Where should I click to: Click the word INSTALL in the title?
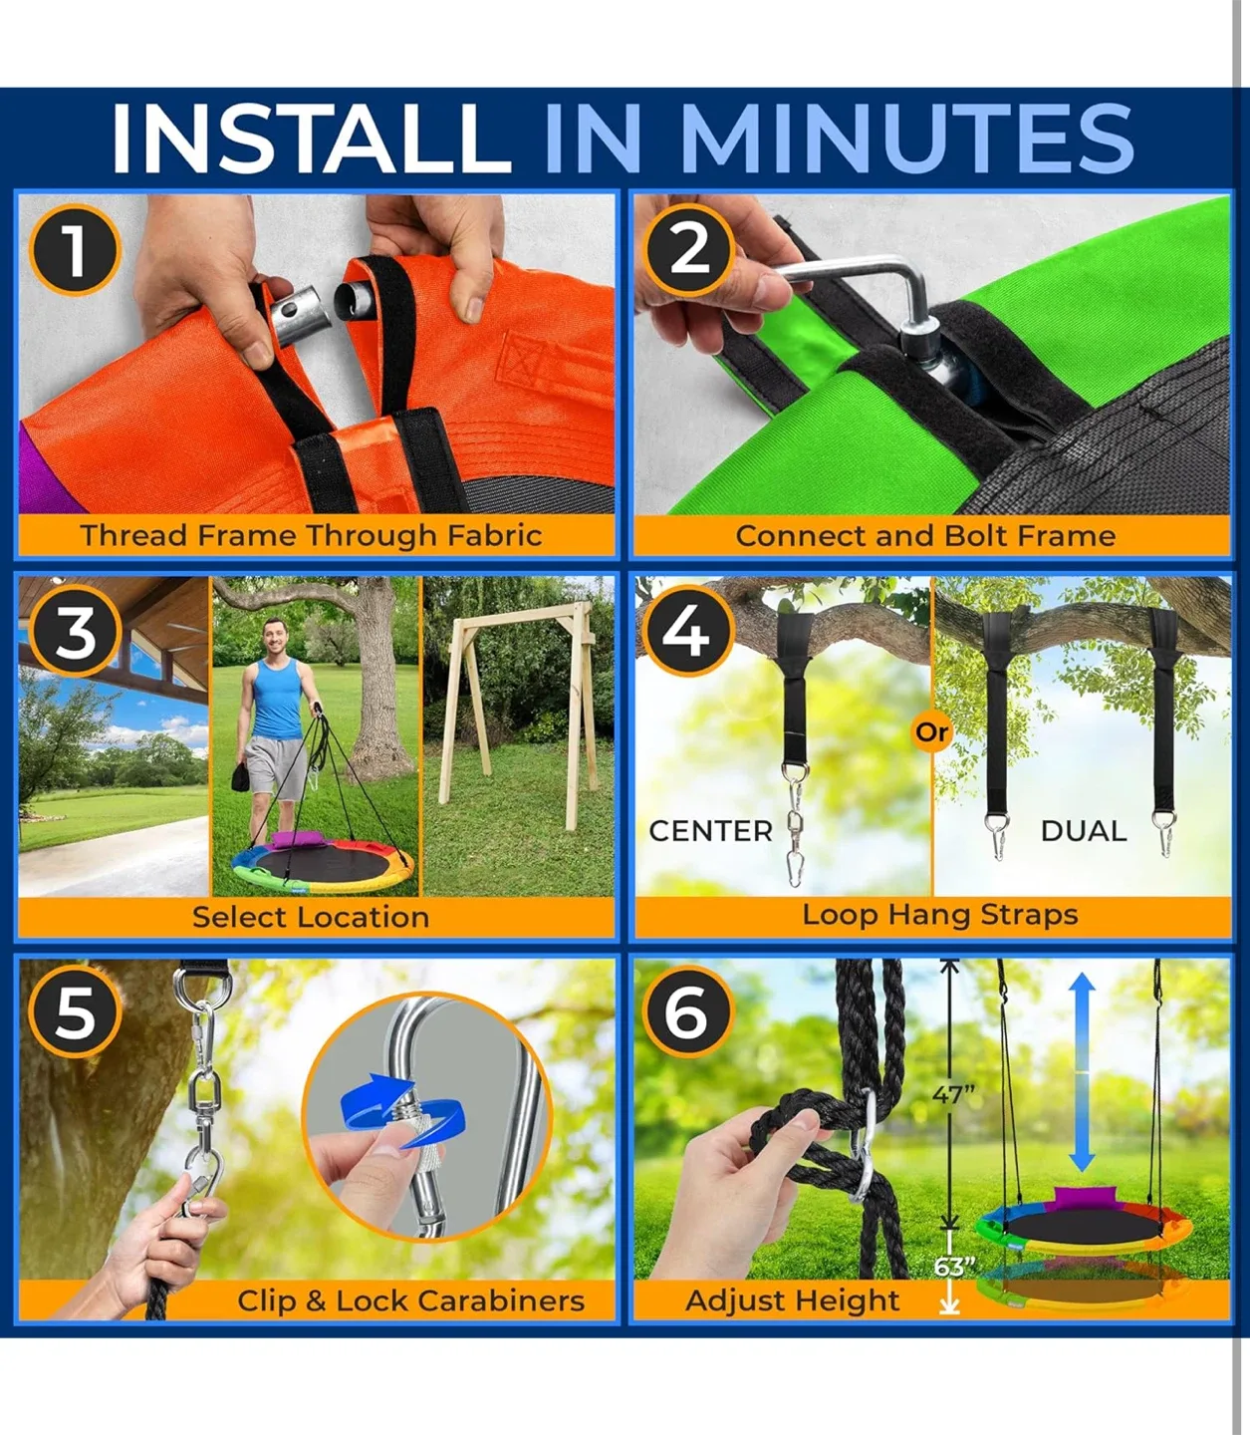pyautogui.click(x=310, y=138)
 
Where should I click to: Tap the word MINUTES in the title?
pyautogui.click(x=905, y=138)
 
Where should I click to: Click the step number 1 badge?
pyautogui.click(x=75, y=249)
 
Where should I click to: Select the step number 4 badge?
pyautogui.click(x=686, y=632)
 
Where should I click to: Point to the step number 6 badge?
pyautogui.click(x=686, y=1012)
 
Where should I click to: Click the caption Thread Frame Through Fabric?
pyautogui.click(x=311, y=535)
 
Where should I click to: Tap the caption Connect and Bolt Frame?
pyautogui.click(x=925, y=535)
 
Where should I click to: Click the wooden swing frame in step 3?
pyautogui.click(x=518, y=698)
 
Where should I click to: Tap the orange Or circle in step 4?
pyautogui.click(x=931, y=732)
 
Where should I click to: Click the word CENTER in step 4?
pyautogui.click(x=710, y=831)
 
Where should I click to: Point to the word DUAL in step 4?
pyautogui.click(x=1083, y=831)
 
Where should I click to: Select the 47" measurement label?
pyautogui.click(x=953, y=1095)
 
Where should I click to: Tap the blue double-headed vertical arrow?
pyautogui.click(x=1083, y=1072)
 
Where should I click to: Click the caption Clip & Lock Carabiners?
pyautogui.click(x=410, y=1300)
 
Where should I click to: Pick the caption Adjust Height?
pyautogui.click(x=792, y=1300)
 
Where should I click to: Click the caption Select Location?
pyautogui.click(x=311, y=917)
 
